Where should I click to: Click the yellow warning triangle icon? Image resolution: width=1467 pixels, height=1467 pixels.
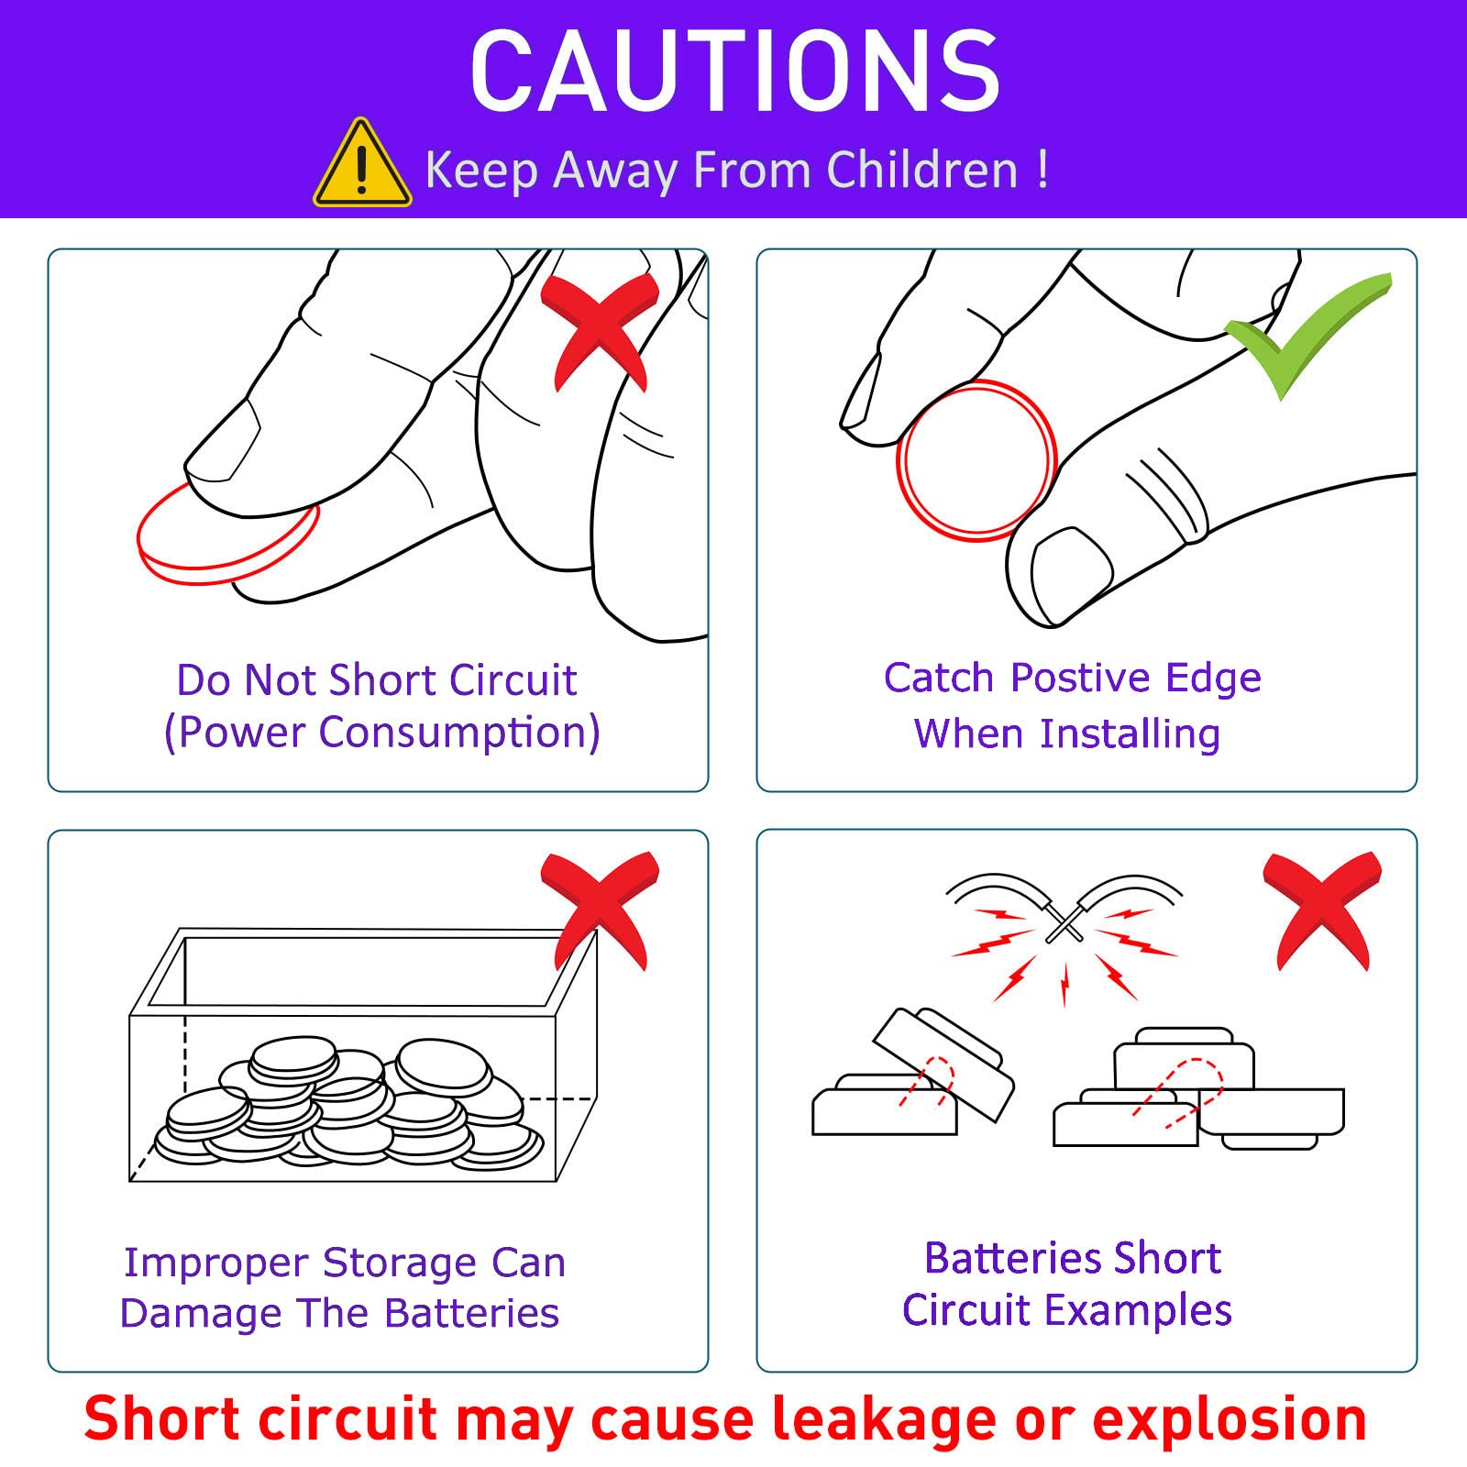point(362,163)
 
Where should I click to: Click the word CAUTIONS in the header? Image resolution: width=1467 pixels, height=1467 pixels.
point(734,71)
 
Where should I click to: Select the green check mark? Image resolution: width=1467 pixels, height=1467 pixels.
point(1309,335)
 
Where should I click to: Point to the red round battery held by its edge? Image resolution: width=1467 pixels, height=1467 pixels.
point(976,461)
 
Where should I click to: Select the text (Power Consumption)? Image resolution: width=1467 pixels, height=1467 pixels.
point(381,733)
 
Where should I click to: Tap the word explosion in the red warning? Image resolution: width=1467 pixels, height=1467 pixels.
point(1230,1419)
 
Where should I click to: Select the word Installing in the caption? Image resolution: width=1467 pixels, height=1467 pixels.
point(1131,734)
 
